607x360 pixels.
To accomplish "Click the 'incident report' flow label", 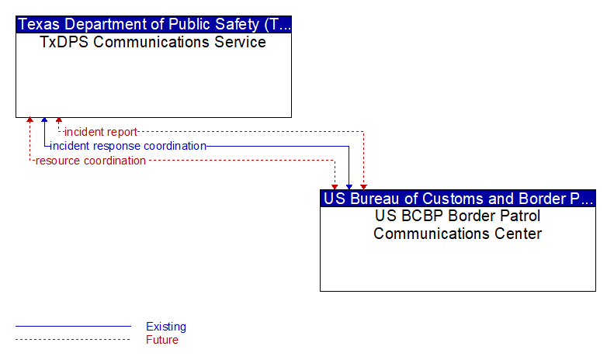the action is click(101, 132).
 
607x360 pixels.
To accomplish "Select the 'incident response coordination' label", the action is click(128, 146).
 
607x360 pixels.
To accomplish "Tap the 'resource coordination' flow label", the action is click(91, 161).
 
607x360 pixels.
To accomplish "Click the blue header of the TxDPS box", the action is click(154, 24).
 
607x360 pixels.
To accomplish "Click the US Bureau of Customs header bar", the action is click(458, 198).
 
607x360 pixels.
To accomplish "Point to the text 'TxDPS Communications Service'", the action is click(153, 42).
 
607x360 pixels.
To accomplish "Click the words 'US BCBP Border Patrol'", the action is click(457, 216).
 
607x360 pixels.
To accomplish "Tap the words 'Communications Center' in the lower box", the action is click(457, 234).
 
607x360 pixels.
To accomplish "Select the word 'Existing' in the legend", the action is click(166, 327).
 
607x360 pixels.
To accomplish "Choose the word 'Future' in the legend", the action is click(162, 340).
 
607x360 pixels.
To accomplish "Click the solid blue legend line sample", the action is click(73, 327).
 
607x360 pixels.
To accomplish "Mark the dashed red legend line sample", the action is click(73, 340).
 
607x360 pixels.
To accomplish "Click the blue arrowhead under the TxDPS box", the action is click(44, 120).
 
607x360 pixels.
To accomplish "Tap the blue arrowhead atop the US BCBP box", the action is click(349, 187).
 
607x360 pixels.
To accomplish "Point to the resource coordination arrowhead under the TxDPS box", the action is click(29, 120).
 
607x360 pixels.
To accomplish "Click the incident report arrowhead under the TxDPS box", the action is click(59, 120).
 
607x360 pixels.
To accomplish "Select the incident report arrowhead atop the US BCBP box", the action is click(363, 187).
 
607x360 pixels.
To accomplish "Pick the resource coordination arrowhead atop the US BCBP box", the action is click(335, 187).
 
